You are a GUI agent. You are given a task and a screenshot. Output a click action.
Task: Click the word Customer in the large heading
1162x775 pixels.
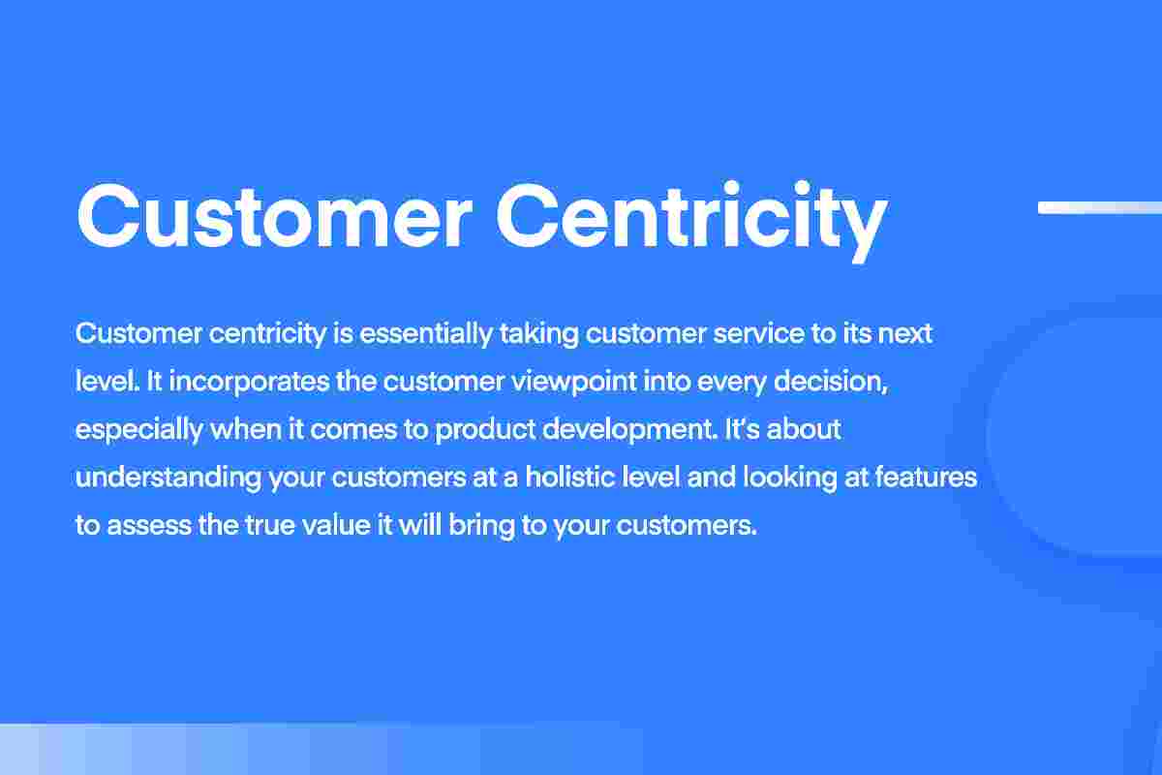pos(274,217)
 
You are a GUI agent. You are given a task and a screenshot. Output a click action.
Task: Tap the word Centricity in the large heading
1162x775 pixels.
pos(691,217)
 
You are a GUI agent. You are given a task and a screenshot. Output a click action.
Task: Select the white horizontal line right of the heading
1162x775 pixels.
pos(1099,207)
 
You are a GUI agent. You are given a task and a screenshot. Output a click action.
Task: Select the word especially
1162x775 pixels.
pos(138,430)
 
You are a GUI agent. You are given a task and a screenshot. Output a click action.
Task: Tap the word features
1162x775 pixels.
pos(931,479)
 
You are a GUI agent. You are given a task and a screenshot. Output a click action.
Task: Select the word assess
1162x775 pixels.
pos(149,527)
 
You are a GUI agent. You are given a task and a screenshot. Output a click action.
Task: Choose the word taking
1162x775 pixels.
pos(538,334)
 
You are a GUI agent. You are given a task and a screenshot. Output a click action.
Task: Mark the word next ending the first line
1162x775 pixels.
pos(906,334)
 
